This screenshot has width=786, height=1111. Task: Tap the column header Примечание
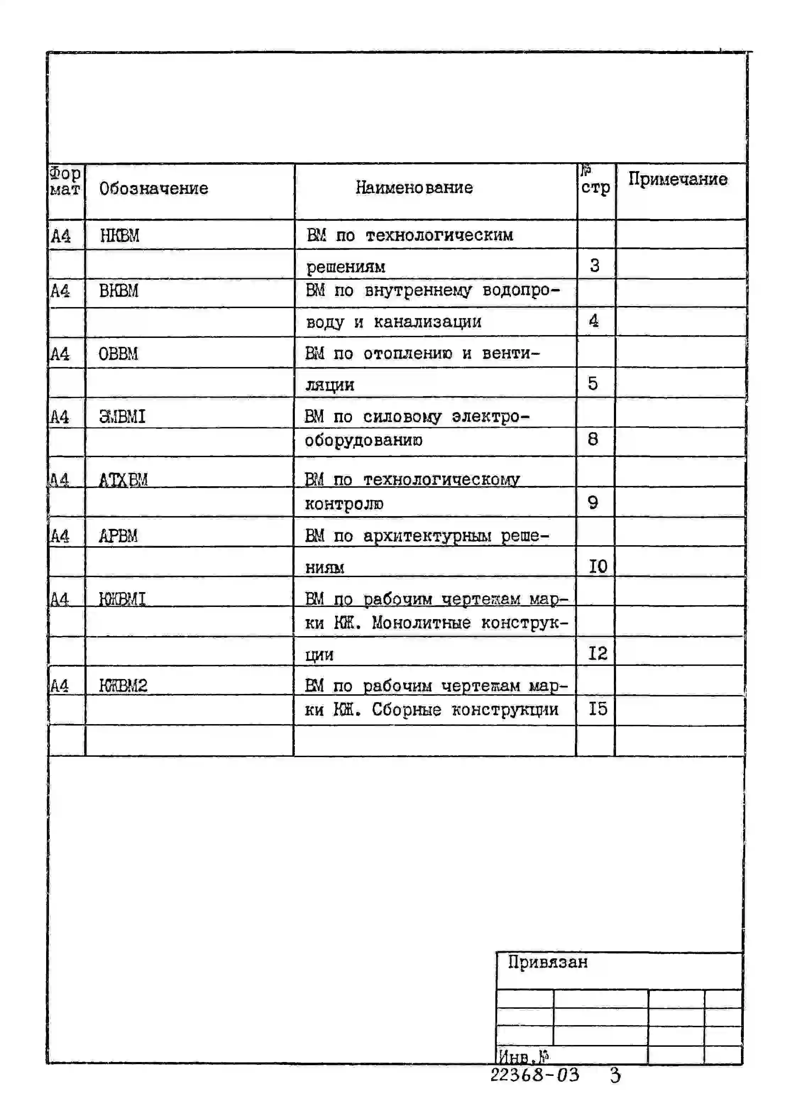coord(677,179)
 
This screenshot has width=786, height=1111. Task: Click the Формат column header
coord(65,181)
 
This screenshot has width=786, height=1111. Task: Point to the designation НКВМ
coord(120,236)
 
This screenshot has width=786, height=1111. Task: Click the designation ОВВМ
coord(118,354)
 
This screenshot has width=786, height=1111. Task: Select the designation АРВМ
coord(118,536)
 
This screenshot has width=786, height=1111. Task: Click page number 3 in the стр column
coord(594,265)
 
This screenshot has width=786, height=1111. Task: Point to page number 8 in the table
coord(593,439)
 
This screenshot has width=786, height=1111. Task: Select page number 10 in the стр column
coord(598,566)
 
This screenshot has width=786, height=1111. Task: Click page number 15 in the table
coord(598,709)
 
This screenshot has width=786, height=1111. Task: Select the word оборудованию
coord(363,440)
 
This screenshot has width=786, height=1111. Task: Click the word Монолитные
coord(421,623)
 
